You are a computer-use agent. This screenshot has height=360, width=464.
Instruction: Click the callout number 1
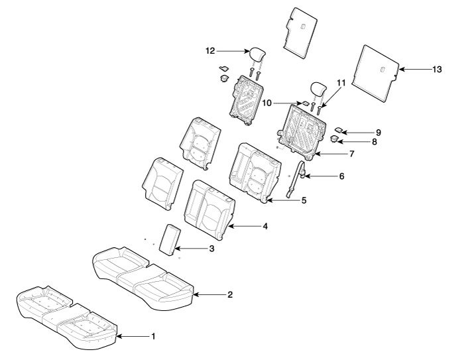[x=153, y=336]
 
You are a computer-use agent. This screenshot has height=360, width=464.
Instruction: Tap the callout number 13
[x=437, y=69]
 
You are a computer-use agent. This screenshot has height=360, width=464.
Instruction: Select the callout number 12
[x=210, y=51]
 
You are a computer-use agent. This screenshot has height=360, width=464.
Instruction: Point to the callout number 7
[x=351, y=154]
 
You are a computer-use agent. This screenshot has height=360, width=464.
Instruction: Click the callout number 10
[x=266, y=103]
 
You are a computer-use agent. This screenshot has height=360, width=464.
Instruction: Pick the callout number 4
[x=265, y=226]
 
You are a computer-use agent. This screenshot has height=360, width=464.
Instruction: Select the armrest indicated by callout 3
[x=170, y=239]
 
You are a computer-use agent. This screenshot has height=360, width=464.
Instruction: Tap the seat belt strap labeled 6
[x=294, y=180]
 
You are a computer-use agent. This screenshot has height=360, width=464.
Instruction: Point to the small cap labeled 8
[x=334, y=139]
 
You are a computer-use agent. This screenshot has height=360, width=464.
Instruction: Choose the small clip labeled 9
[x=339, y=130]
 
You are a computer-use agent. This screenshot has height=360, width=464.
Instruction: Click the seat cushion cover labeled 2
[x=143, y=278]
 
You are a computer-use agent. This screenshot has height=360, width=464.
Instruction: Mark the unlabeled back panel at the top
[x=300, y=32]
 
